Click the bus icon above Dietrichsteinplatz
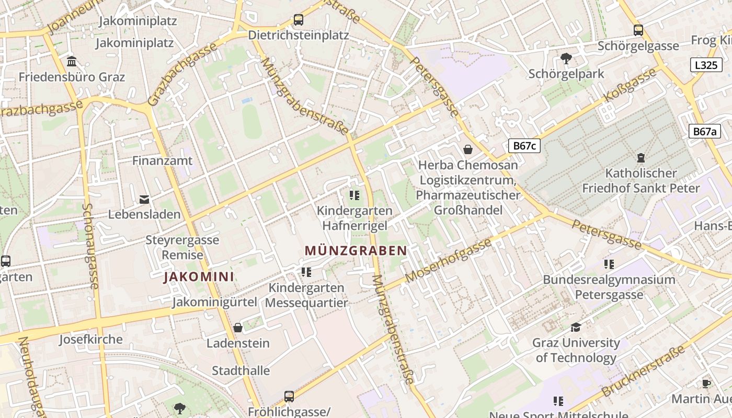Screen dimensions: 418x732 point(298,20)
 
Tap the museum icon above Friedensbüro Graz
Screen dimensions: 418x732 point(72,61)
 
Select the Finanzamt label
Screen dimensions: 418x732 point(162,160)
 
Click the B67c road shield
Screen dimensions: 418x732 point(524,145)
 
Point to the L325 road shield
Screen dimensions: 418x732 point(706,65)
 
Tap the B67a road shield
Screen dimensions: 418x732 point(704,131)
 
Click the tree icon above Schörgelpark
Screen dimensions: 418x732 point(566,58)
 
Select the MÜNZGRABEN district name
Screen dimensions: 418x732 point(356,251)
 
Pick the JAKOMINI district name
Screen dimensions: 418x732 point(199,276)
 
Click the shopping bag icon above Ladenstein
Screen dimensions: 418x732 point(238,328)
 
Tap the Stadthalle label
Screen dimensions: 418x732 point(241,370)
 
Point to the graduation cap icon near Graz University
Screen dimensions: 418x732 point(576,327)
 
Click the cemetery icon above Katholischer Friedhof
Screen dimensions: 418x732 point(641,157)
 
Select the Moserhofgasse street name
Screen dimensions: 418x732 point(449,260)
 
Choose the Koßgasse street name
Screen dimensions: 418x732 point(630,85)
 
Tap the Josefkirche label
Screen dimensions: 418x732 point(90,339)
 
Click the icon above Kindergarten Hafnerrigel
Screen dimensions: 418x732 point(354,195)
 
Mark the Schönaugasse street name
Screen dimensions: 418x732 point(90,246)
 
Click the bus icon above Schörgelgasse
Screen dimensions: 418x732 point(638,30)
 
